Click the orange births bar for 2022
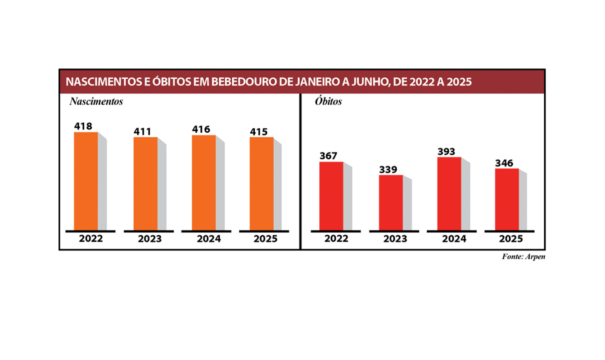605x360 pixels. tap(86, 181)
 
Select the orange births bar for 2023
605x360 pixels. tap(145, 184)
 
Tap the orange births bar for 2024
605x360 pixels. tap(204, 182)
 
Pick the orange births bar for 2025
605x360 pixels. tap(262, 184)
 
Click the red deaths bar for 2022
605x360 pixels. tap(331, 196)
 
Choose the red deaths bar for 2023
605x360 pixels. tap(391, 202)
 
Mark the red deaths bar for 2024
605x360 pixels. tap(449, 193)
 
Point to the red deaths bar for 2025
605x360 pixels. tap(507, 199)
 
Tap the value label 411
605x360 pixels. tap(143, 132)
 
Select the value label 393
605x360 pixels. tap(447, 152)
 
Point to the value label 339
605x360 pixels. tap(388, 170)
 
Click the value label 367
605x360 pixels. tap(329, 156)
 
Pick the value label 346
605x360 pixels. tap(504, 163)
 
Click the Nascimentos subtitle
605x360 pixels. tap(96, 102)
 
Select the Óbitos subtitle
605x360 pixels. tap(328, 102)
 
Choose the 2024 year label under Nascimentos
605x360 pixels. tap(209, 239)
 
